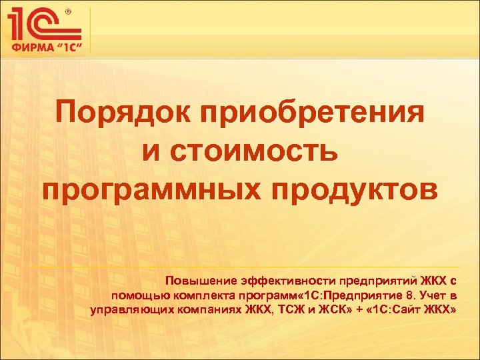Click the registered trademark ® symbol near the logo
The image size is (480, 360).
coord(68,11)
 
